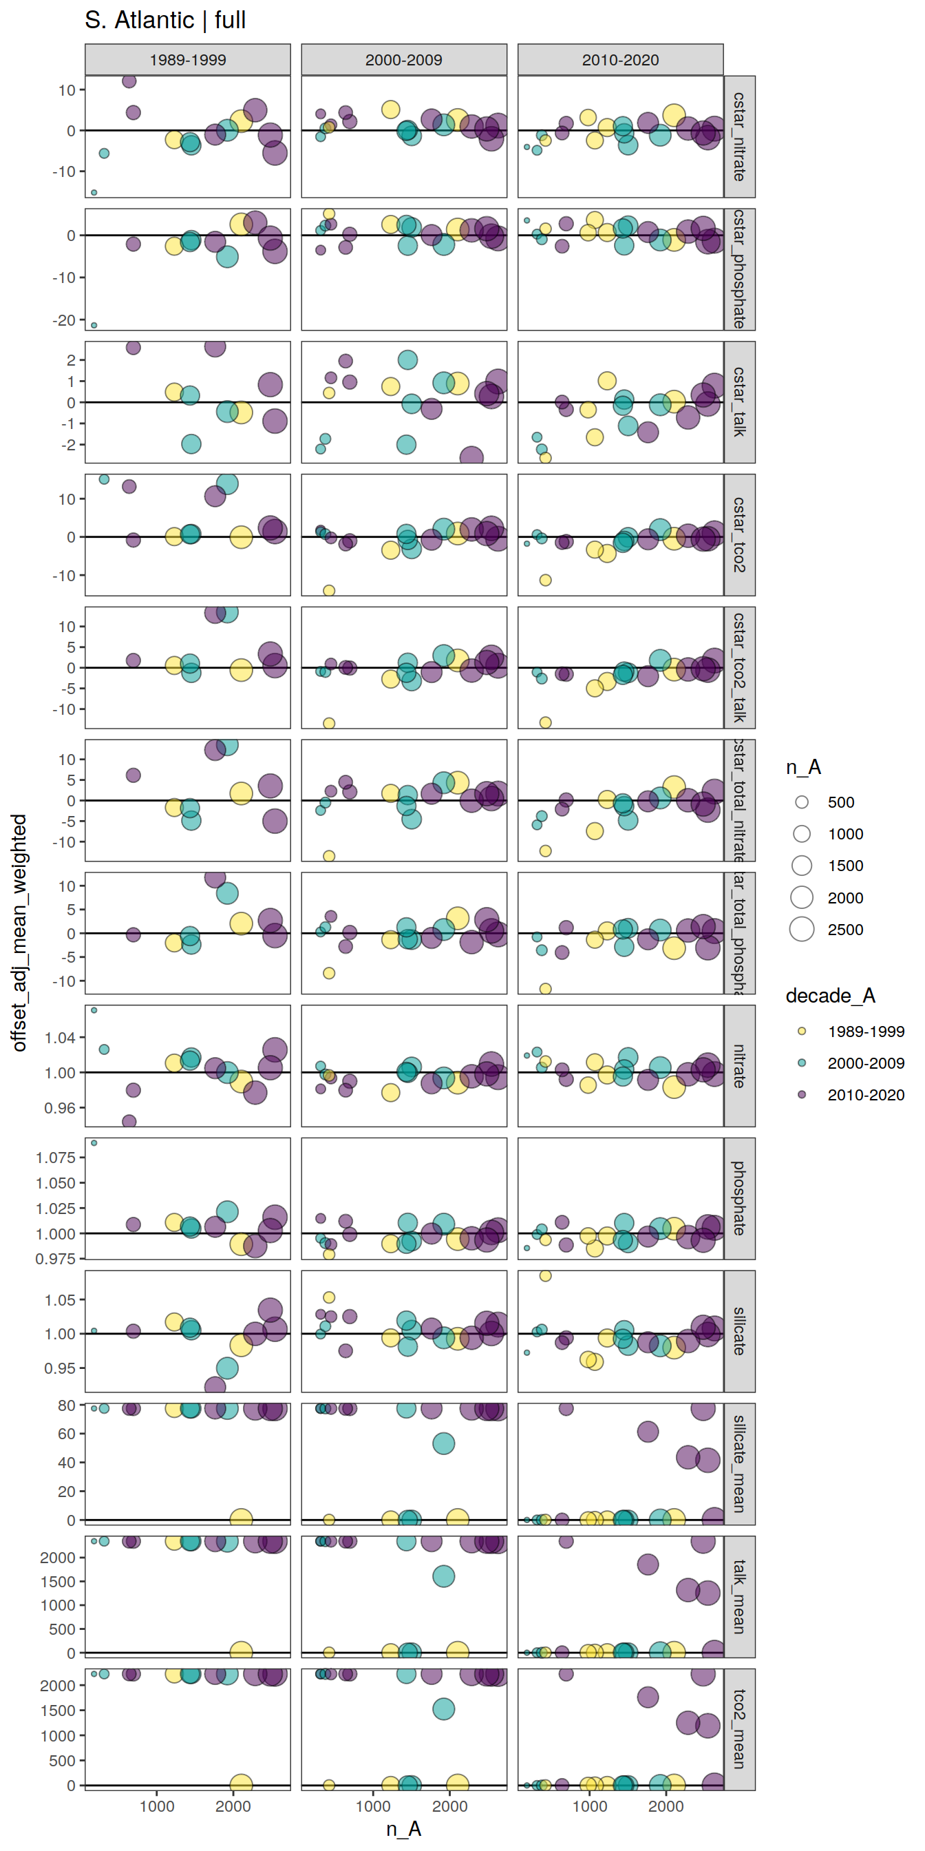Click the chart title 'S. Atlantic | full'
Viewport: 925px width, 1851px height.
(165, 20)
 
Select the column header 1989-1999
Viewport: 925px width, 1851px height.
(187, 60)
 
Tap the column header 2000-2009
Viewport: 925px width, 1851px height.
(403, 60)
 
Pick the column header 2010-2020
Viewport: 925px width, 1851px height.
(621, 60)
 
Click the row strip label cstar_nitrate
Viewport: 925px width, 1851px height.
(739, 136)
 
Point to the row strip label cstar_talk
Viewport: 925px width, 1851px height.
(739, 401)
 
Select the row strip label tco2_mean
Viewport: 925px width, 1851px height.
(739, 1729)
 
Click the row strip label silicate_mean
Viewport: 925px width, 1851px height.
(739, 1464)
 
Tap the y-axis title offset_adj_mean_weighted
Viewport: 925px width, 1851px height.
(19, 932)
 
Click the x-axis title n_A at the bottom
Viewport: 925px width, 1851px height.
(403, 1829)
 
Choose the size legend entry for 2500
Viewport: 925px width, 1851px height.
(802, 929)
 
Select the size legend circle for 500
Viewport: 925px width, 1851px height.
(802, 802)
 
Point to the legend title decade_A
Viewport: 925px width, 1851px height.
(830, 995)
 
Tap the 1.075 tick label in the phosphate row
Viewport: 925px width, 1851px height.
(55, 1157)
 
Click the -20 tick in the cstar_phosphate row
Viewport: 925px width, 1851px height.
(63, 320)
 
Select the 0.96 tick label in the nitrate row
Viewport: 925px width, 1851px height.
(59, 1107)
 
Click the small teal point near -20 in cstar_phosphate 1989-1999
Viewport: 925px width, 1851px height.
(94, 326)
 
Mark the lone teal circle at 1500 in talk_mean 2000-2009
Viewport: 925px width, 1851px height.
(444, 1576)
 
